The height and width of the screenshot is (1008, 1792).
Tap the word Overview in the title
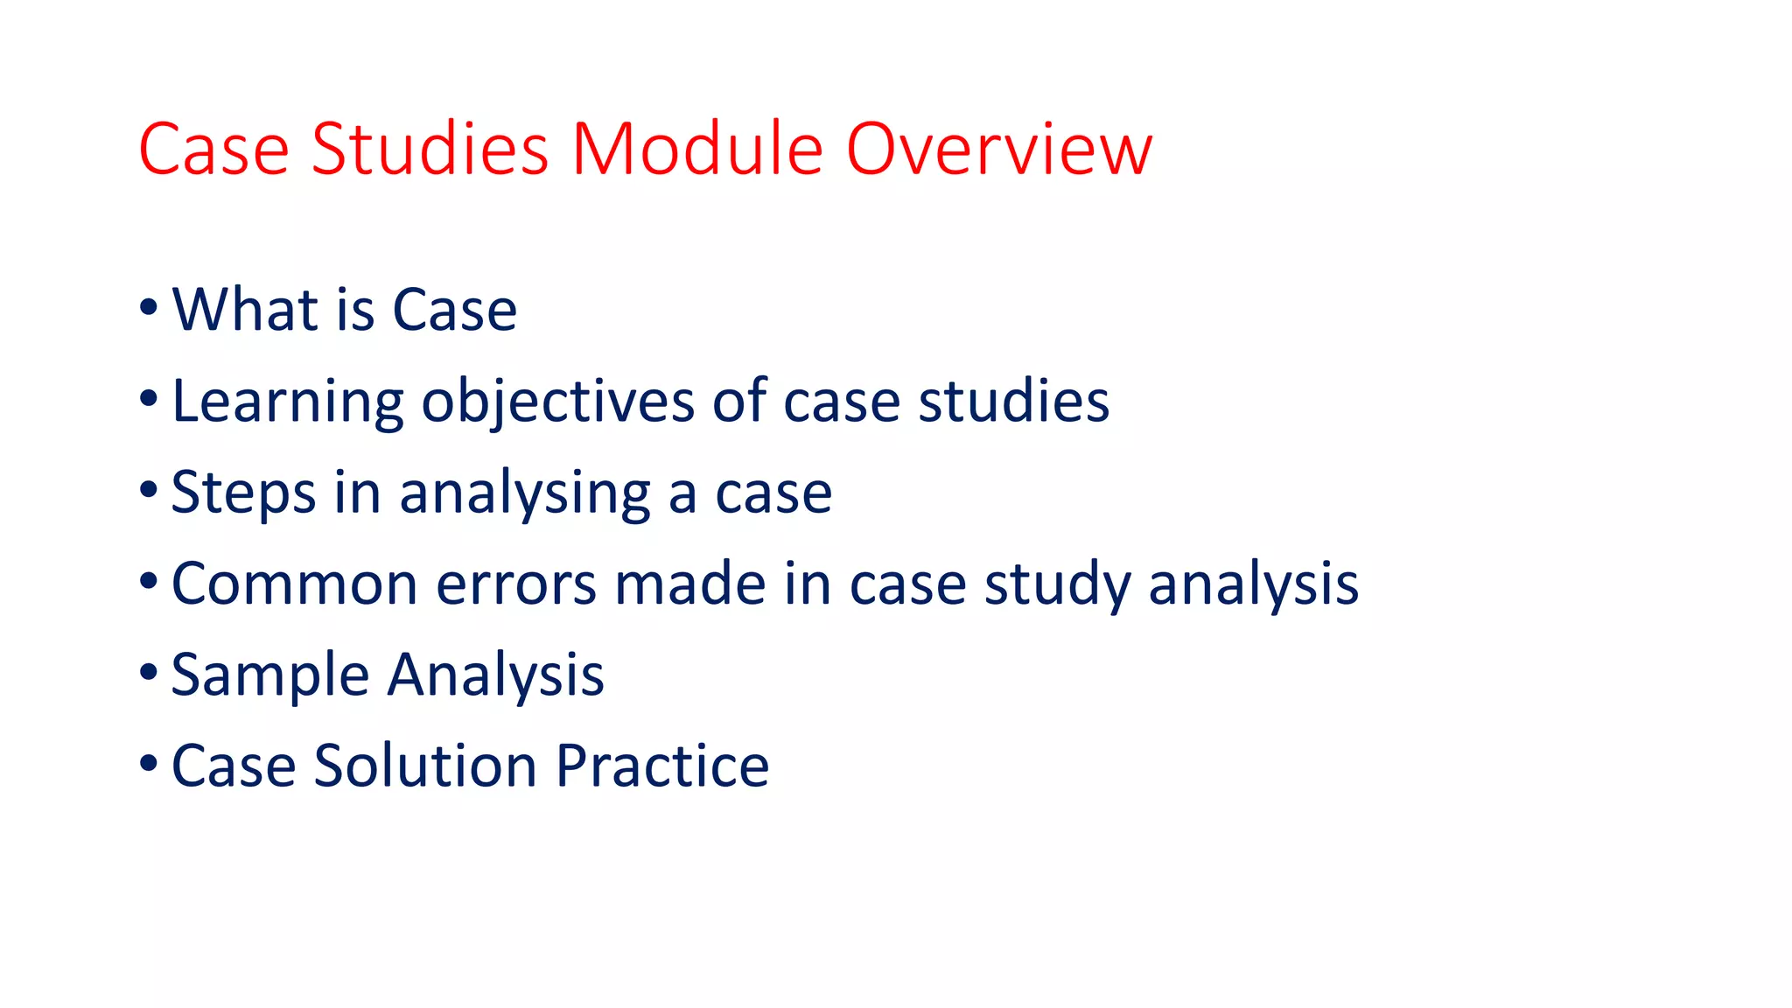click(x=998, y=150)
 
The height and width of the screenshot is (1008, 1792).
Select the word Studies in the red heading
click(x=430, y=150)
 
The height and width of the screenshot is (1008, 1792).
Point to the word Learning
click(x=287, y=402)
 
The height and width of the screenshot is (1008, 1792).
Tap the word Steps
click(x=243, y=493)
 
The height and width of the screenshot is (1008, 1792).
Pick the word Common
click(x=295, y=584)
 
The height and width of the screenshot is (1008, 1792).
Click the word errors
click(x=516, y=584)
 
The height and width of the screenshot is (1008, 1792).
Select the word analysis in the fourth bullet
click(x=1253, y=584)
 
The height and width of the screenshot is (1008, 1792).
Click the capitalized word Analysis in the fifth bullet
click(x=496, y=676)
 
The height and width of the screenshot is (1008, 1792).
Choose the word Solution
click(x=425, y=766)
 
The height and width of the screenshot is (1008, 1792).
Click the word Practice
click(x=662, y=766)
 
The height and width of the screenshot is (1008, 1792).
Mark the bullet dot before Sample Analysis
click(x=148, y=674)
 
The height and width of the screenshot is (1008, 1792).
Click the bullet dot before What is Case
click(x=148, y=308)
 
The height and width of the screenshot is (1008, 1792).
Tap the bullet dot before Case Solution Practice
click(x=148, y=764)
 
